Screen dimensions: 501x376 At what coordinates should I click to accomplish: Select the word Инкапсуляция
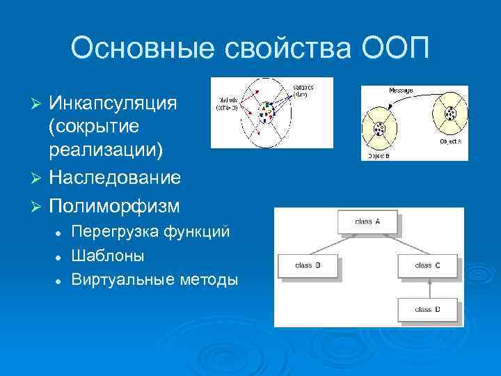[112, 103]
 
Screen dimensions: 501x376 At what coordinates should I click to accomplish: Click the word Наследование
[115, 178]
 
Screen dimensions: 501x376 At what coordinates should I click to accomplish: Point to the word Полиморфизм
[114, 207]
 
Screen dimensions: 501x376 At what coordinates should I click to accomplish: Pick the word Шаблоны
[109, 256]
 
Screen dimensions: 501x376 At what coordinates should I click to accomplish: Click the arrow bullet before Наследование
[38, 178]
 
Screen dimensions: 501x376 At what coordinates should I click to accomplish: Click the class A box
[367, 222]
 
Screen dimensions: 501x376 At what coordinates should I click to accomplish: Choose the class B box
[308, 265]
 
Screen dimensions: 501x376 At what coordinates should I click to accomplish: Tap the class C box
[427, 265]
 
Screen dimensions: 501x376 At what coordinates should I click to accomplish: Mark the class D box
[427, 309]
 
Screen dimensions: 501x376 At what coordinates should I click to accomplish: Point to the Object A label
[450, 141]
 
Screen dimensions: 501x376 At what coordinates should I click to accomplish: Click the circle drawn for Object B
[380, 130]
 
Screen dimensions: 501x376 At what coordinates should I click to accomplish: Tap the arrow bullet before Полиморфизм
[38, 207]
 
